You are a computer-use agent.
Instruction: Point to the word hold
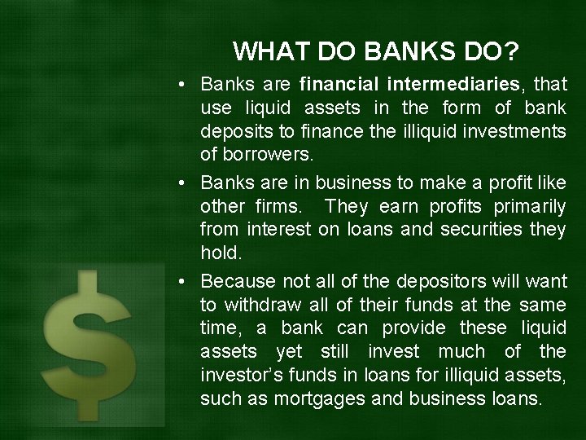click(221, 253)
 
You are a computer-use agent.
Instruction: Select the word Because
click(238, 281)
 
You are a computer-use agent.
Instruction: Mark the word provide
click(407, 328)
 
